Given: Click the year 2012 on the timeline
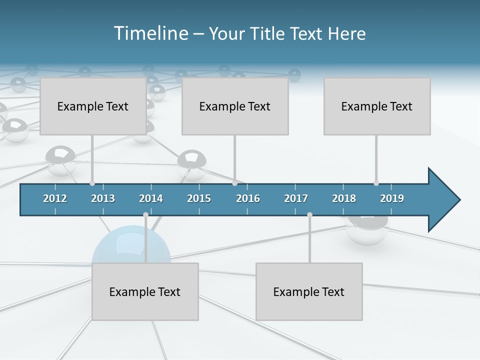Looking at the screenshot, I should (55, 198).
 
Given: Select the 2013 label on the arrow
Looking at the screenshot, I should (103, 198).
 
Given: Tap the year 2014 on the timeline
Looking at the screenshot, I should (151, 198).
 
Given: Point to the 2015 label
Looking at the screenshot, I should (199, 198).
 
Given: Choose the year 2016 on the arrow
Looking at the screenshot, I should (248, 198).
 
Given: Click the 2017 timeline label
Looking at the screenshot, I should (296, 198).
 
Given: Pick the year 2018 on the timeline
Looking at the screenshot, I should (344, 198).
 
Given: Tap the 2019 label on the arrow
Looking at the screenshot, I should (392, 198).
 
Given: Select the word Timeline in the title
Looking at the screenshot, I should (150, 33).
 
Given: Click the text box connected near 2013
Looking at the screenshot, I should (93, 106).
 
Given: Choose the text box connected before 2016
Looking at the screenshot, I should (235, 106).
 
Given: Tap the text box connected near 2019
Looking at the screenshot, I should (377, 106).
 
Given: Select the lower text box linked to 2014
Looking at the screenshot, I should (145, 291).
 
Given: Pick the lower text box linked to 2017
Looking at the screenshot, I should (309, 291).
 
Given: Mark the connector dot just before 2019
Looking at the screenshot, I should (376, 183).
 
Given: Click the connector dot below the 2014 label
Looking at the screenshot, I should (145, 214).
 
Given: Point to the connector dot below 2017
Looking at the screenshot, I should (309, 214).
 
